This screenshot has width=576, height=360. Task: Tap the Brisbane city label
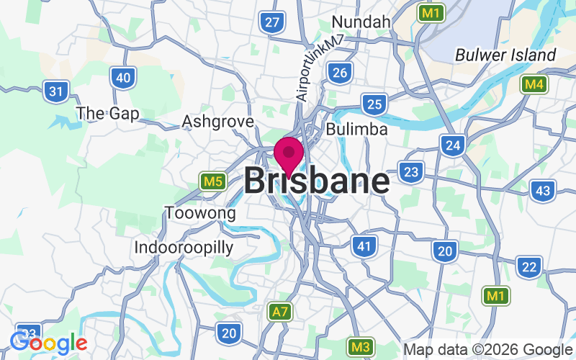tap(317, 181)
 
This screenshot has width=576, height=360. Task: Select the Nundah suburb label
tap(361, 22)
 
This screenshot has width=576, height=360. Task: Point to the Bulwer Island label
tap(505, 55)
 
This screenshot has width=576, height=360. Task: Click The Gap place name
tap(108, 113)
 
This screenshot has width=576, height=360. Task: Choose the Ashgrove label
tap(218, 122)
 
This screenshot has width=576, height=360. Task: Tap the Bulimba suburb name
tap(357, 130)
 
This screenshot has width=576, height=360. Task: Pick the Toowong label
tap(200, 213)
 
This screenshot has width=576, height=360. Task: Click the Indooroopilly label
tap(184, 248)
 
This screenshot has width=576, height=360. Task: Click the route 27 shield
tap(272, 22)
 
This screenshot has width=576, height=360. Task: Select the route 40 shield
tap(124, 77)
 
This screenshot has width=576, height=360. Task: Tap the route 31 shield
tap(55, 91)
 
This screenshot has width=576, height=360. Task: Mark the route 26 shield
tap(340, 71)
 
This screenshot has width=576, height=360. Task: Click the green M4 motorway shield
tap(534, 85)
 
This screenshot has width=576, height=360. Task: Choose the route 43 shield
tap(543, 191)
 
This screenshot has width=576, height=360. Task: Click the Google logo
tap(48, 343)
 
